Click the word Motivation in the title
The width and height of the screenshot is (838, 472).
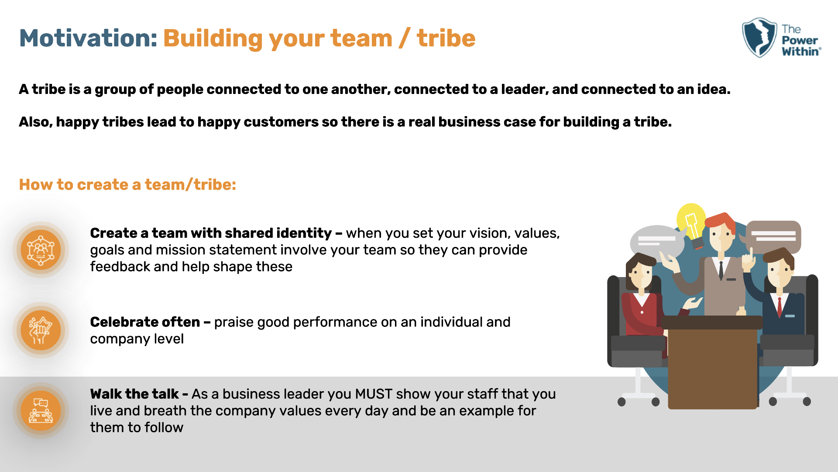point(87,38)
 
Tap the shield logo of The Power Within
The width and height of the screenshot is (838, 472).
point(759,38)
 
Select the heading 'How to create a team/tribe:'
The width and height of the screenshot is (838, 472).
point(127,184)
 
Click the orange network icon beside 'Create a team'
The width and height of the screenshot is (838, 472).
point(41,250)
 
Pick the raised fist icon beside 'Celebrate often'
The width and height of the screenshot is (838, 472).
point(41,330)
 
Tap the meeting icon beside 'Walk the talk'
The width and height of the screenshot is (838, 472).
point(41,411)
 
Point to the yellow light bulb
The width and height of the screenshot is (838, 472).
point(691,220)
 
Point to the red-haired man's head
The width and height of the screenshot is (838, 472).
point(721,232)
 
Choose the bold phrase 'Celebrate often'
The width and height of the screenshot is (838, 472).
point(145,322)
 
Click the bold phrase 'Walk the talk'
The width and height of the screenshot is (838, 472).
point(134,394)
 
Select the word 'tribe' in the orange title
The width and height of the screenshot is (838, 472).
point(446,38)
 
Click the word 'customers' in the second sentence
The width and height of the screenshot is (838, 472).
point(281,122)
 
